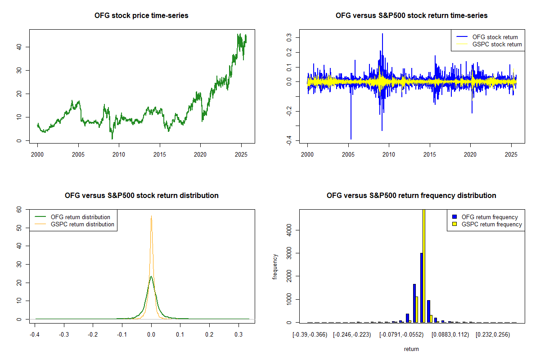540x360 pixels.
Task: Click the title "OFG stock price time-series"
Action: [141, 16]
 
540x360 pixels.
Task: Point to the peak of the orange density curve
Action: [152, 216]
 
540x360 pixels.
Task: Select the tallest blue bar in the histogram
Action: [421, 288]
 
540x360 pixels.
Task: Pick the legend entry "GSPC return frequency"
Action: [492, 224]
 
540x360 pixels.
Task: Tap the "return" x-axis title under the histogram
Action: [411, 349]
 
